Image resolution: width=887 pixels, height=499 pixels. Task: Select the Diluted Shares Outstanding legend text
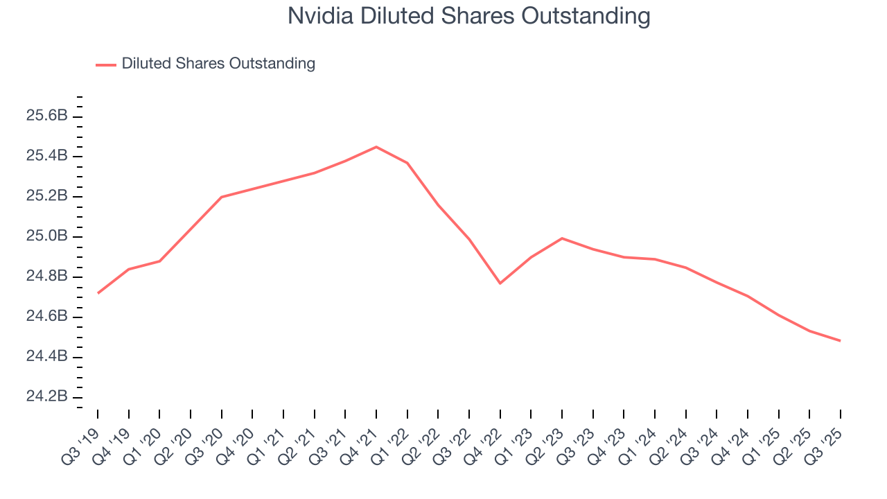pos(218,64)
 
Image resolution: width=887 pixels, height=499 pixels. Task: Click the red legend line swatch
pos(106,64)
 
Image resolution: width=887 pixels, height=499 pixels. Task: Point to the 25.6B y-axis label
pos(47,116)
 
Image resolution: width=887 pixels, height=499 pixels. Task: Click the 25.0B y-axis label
pos(47,236)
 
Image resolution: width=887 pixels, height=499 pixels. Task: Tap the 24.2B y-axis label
pos(47,397)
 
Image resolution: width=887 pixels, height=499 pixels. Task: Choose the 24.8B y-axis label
pos(47,277)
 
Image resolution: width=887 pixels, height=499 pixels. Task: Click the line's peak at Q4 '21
pos(376,147)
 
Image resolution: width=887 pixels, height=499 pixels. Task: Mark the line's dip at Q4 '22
pos(500,283)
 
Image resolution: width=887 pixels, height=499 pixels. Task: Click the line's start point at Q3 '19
pos(98,293)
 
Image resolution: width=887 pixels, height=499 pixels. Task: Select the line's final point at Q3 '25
pos(841,341)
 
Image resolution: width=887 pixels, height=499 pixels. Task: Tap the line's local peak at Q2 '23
pos(562,238)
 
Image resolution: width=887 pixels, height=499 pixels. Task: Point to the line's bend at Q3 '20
pos(222,197)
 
